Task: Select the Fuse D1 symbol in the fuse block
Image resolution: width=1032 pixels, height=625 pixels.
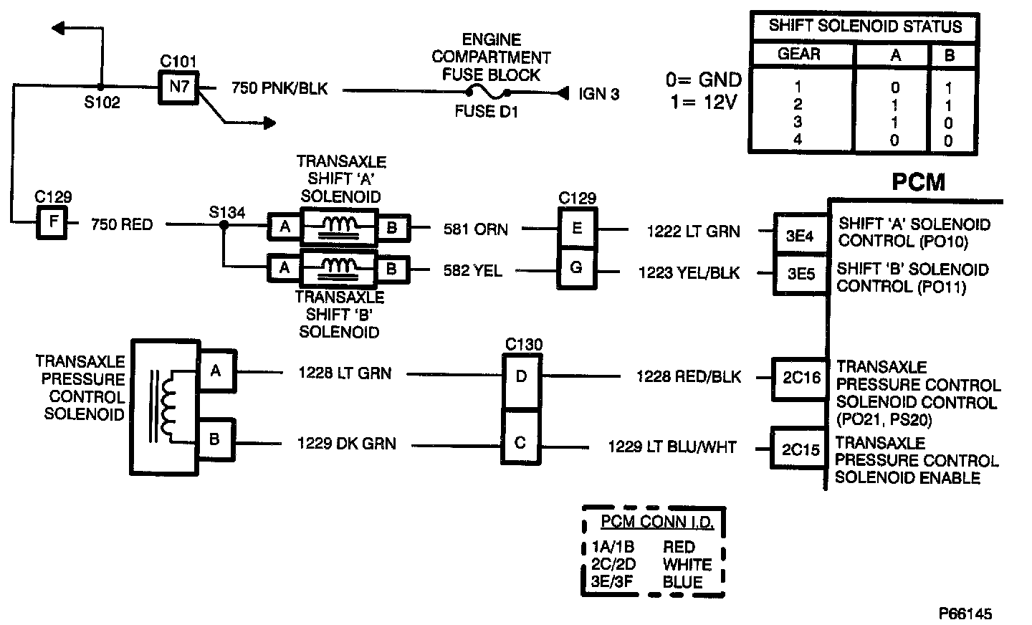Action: coord(487,92)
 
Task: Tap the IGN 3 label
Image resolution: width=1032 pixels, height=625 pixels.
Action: coord(598,94)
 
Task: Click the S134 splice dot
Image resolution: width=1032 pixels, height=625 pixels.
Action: coord(224,224)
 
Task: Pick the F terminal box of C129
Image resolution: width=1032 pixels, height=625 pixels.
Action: coord(53,222)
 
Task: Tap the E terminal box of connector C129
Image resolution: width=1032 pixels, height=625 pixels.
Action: coord(577,229)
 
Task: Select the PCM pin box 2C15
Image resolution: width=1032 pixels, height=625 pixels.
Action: coord(800,449)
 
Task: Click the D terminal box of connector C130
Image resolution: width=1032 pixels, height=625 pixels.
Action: coord(522,376)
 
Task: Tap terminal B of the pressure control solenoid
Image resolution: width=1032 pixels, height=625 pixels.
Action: coord(214,438)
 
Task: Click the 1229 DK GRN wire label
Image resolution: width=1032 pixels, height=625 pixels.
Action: coord(346,444)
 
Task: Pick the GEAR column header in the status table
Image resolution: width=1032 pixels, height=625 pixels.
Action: coord(799,54)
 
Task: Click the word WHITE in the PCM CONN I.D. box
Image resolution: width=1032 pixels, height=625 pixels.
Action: coord(687,564)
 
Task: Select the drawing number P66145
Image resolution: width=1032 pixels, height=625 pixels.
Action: coord(965,614)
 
